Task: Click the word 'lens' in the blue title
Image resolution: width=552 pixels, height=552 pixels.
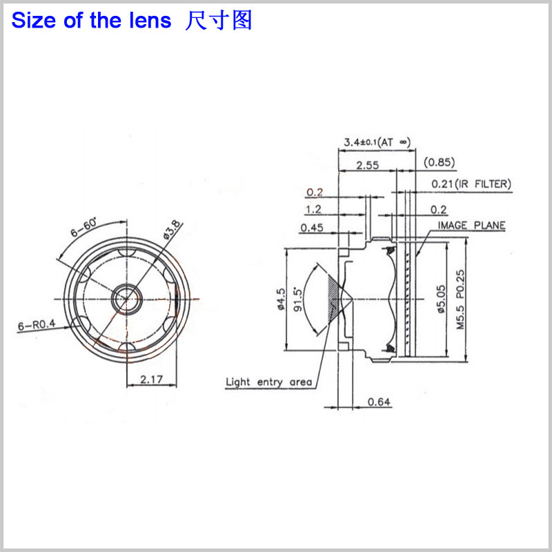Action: [x=148, y=21]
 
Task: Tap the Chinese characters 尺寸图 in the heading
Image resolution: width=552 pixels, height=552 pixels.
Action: [x=219, y=21]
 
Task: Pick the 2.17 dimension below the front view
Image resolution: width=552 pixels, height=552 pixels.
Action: [x=152, y=379]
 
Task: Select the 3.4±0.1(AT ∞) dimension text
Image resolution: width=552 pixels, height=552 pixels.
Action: [x=377, y=143]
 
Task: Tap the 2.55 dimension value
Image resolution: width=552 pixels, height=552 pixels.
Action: [x=368, y=165]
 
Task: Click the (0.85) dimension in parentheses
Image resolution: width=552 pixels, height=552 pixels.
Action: [x=439, y=163]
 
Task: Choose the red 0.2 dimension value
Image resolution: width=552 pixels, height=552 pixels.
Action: [x=315, y=192]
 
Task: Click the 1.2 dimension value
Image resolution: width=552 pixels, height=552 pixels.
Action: [x=314, y=209]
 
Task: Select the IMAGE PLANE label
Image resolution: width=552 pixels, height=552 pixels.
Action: [x=471, y=226]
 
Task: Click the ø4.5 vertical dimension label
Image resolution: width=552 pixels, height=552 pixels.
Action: [x=281, y=301]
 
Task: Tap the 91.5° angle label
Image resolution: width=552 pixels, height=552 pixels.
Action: [x=298, y=301]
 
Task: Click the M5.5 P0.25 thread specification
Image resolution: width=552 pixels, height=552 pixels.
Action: [x=460, y=301]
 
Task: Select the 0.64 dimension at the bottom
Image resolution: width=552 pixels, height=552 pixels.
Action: [x=378, y=402]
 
